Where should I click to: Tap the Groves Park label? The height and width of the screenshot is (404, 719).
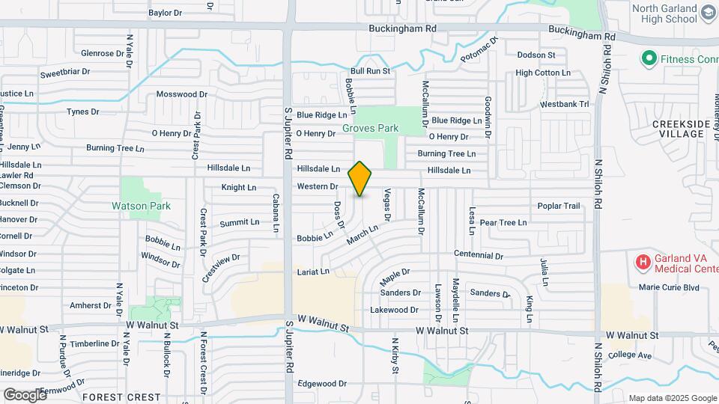click(x=371, y=128)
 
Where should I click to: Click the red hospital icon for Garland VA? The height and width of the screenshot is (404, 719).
click(x=643, y=262)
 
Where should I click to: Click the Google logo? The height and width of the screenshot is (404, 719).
click(x=25, y=394)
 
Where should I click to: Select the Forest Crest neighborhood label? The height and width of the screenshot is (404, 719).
click(x=121, y=397)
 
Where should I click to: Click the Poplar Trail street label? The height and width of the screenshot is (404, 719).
click(x=559, y=206)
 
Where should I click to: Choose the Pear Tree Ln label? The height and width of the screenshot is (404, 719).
click(x=503, y=222)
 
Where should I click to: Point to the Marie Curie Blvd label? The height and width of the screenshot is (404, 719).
click(x=669, y=287)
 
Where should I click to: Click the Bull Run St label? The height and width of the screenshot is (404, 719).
click(x=371, y=71)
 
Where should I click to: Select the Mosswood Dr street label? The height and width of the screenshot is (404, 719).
click(x=181, y=94)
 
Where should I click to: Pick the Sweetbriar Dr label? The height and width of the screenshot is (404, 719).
click(x=65, y=73)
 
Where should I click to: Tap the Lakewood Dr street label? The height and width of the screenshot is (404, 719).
click(x=394, y=310)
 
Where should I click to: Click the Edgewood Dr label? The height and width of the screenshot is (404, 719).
click(x=322, y=383)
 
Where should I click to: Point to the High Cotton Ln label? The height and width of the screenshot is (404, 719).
click(x=543, y=73)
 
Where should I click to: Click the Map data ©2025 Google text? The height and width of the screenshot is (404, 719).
click(x=672, y=398)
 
